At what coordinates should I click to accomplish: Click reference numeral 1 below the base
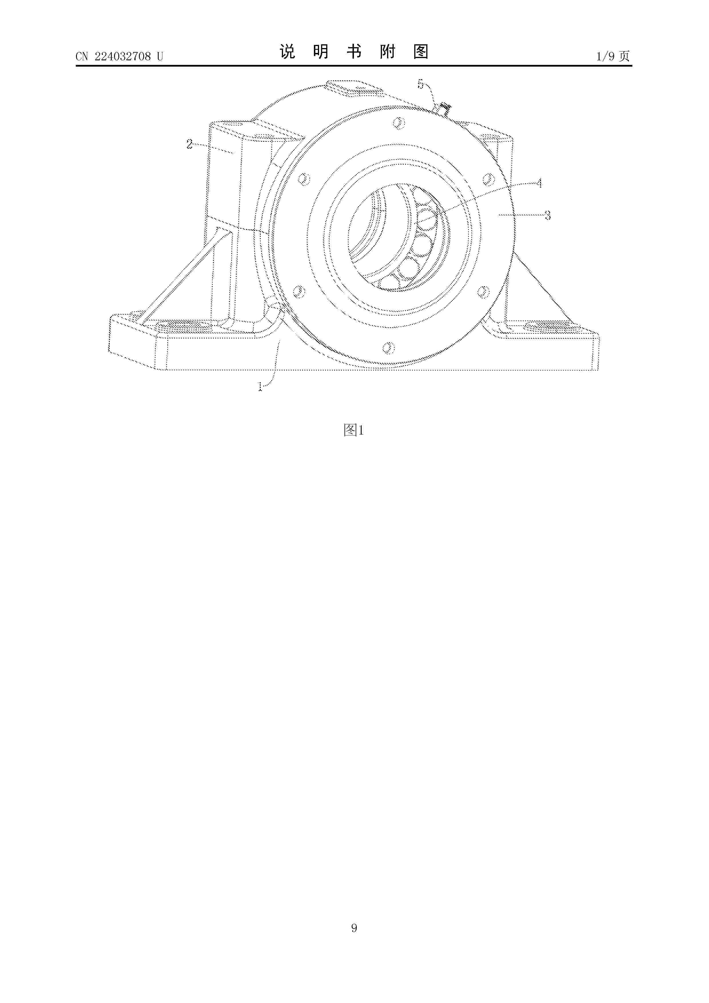pos(261,387)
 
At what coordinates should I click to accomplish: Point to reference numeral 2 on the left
pos(190,144)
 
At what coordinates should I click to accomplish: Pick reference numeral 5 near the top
pos(421,84)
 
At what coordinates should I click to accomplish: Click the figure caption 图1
pos(354,430)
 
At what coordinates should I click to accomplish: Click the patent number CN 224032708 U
pos(119,56)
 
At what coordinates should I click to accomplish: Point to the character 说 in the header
pos(287,52)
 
